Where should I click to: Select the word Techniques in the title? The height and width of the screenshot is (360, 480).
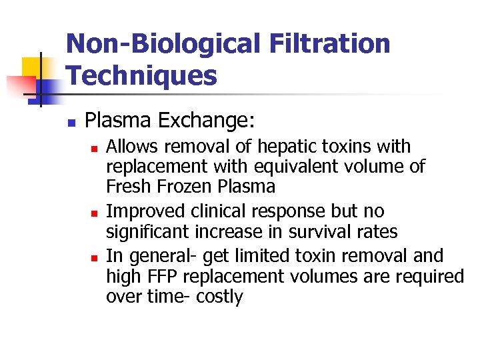[x=142, y=76]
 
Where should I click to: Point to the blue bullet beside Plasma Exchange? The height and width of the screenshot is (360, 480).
[x=71, y=123]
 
